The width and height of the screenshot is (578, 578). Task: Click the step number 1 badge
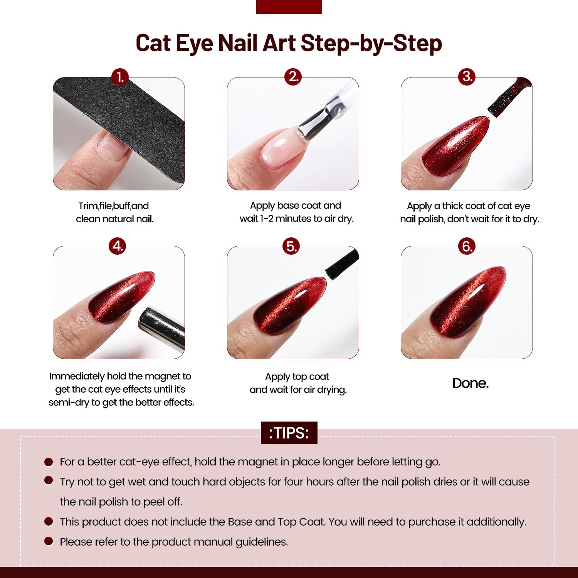coord(120,77)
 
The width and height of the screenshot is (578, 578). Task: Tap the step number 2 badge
coord(293,77)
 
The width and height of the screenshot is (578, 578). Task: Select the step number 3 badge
coord(467,77)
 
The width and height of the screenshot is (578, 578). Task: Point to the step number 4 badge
coord(118,246)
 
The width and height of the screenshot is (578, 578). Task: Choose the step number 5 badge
coord(291,246)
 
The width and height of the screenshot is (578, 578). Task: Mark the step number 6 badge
coord(467,246)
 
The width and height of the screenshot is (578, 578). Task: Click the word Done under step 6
coord(470,383)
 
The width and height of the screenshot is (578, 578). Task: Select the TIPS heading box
coord(289,433)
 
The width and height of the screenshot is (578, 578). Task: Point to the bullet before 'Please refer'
coord(49,541)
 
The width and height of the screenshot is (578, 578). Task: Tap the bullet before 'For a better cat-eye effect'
coord(49,462)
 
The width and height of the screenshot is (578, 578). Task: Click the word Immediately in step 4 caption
coord(77,376)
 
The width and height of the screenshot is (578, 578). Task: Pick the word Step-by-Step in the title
coord(371,44)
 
